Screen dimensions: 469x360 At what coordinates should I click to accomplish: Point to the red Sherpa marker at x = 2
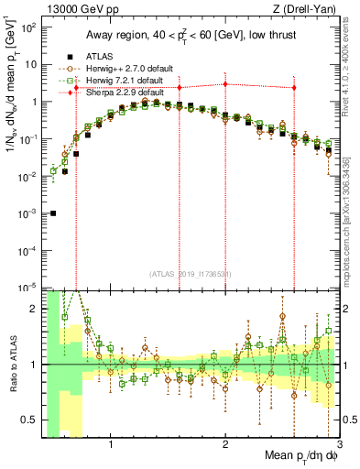225,84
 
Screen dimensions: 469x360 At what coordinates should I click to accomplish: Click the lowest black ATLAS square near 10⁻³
53,213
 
